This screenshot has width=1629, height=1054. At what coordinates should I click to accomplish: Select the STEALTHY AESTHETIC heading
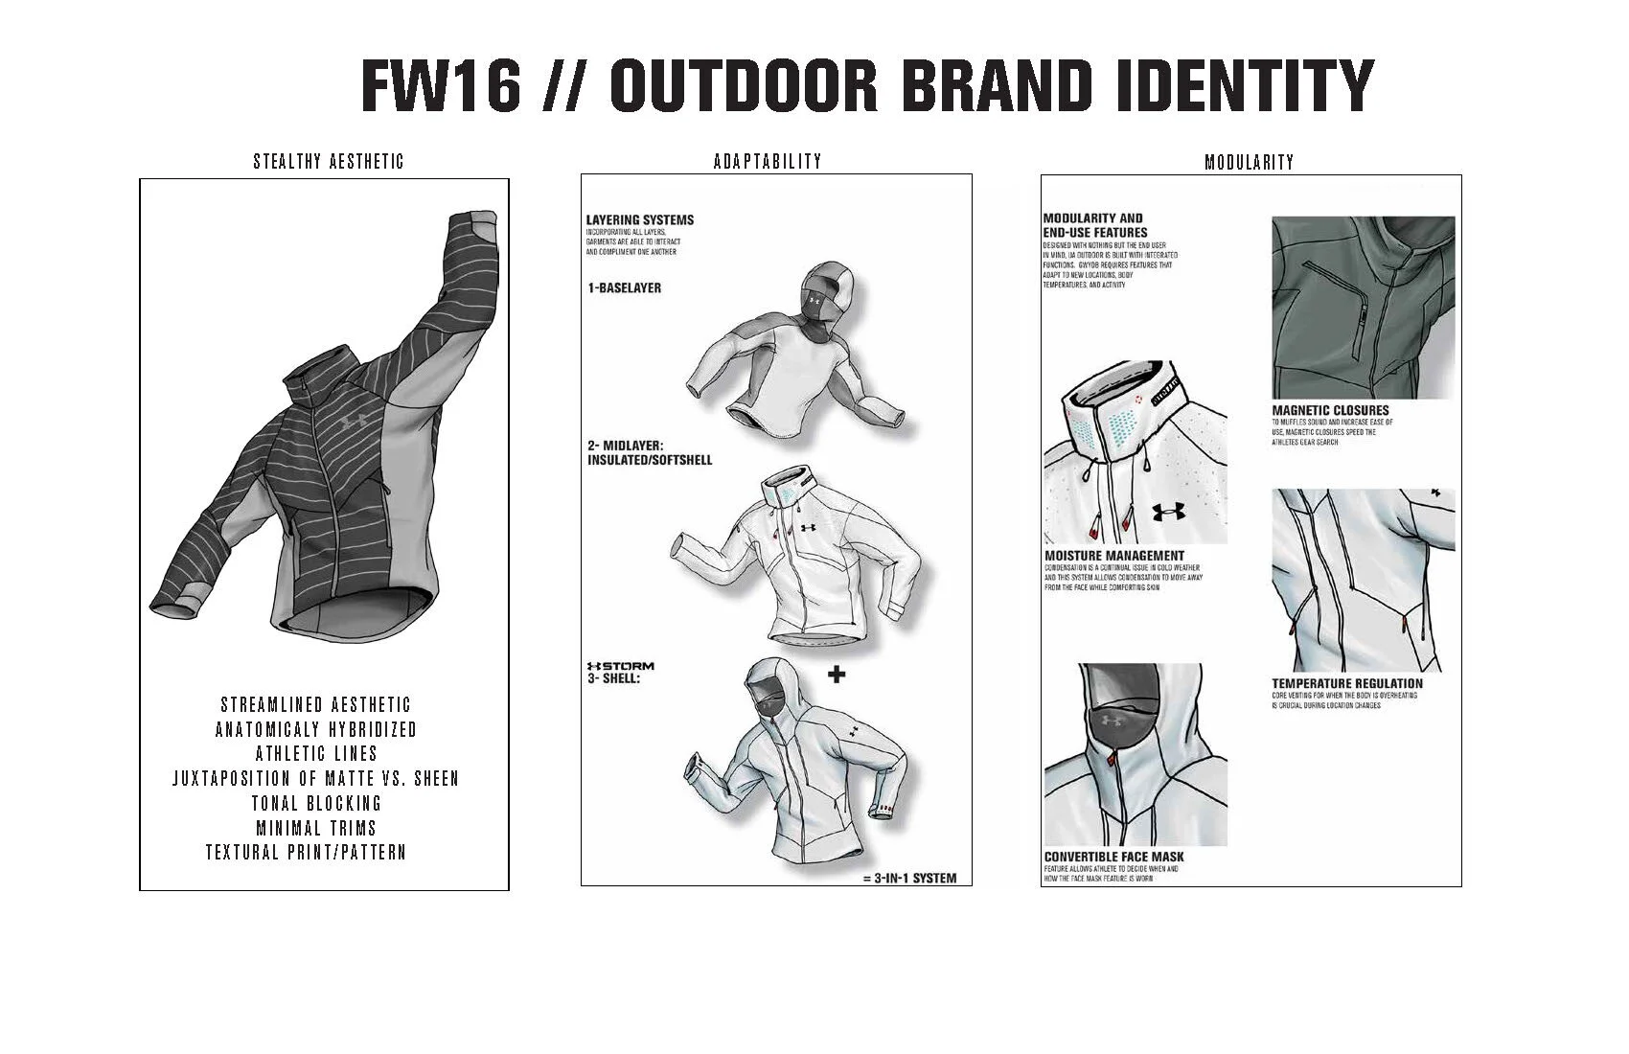[x=328, y=161]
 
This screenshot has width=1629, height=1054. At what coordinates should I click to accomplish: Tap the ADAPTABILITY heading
[x=768, y=161]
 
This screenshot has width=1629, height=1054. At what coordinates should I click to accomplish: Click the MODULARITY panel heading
[x=1249, y=162]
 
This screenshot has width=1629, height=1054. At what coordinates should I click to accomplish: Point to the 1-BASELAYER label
[x=624, y=287]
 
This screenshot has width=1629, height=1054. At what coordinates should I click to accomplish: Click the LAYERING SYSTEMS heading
[x=639, y=219]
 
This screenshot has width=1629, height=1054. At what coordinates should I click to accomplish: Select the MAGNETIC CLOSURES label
[x=1330, y=410]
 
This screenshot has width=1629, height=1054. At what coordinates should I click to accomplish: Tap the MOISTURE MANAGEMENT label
[x=1113, y=556]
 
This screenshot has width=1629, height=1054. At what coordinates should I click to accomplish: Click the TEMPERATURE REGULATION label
[x=1347, y=683]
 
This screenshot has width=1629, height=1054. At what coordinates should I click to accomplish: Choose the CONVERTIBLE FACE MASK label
[x=1113, y=857]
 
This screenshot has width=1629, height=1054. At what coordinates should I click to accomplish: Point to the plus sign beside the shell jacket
[x=836, y=675]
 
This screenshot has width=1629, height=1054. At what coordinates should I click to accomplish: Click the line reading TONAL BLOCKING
[x=316, y=803]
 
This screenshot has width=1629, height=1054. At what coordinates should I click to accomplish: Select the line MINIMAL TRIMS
[x=316, y=828]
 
